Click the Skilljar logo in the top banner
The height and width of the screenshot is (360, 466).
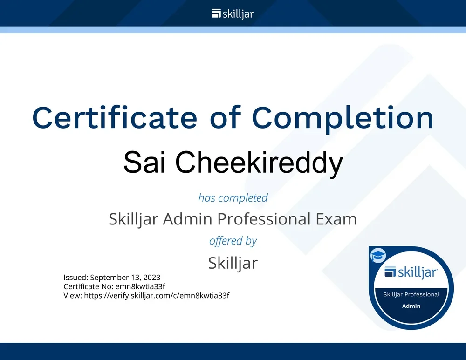233,14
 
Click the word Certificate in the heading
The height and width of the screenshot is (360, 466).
115,118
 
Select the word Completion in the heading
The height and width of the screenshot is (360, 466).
343,118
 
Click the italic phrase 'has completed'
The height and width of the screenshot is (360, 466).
233,197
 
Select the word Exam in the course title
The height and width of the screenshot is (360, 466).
337,218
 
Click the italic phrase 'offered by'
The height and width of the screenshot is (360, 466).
233,241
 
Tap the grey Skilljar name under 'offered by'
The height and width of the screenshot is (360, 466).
233,263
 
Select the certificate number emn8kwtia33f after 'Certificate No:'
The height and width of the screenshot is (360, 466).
140,286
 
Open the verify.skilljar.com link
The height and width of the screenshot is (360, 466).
157,295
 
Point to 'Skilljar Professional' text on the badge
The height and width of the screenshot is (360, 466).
411,294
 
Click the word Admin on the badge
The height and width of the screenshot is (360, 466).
411,306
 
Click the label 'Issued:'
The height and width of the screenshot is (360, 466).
75,278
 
